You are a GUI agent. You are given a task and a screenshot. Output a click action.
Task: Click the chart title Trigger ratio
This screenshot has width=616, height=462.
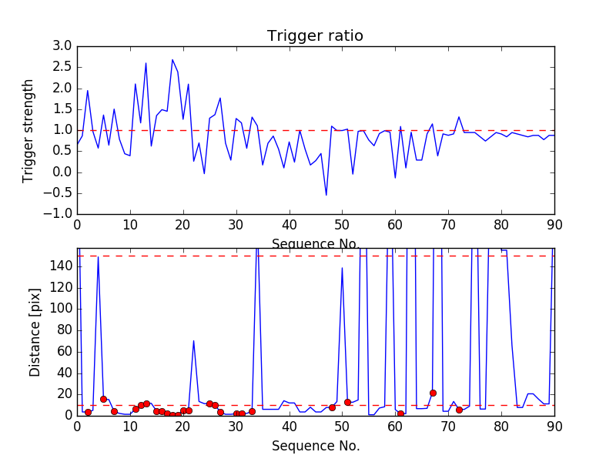coord(315,36)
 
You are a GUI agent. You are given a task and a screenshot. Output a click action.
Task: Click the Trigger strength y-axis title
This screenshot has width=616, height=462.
coord(28,130)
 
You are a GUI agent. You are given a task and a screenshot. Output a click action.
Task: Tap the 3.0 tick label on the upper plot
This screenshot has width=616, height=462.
coord(62,47)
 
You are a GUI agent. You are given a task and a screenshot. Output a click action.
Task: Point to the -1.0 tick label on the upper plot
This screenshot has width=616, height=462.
coord(59,213)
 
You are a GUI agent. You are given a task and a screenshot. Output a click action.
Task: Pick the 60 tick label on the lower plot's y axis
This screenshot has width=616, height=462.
coord(64,351)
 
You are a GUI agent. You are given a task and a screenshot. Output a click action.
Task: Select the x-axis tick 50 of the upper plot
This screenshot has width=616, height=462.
coord(342,225)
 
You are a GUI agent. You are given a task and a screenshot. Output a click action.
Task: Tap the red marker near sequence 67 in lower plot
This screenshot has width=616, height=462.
coord(433,393)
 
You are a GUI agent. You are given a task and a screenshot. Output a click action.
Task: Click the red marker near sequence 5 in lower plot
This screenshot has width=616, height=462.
coord(103,399)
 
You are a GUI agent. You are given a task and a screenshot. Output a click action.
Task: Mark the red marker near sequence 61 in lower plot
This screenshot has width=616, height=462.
coord(400,413)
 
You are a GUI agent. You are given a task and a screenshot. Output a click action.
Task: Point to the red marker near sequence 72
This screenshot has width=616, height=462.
coord(459,410)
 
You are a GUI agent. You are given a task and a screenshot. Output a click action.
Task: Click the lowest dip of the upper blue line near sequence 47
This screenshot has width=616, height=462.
coord(326,195)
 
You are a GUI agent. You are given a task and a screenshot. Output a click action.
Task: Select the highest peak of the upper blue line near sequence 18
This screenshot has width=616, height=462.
coord(172,59)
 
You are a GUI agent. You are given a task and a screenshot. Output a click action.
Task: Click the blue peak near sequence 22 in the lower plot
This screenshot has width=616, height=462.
coord(193,340)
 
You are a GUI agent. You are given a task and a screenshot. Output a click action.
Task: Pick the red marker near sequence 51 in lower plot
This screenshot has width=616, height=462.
coord(347,402)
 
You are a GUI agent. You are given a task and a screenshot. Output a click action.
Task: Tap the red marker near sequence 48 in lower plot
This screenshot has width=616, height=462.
coord(332,407)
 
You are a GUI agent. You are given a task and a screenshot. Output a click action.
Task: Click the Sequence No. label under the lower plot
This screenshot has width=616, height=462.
coord(315,446)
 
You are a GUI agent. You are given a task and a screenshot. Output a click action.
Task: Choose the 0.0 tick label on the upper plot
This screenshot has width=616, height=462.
coord(62,172)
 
